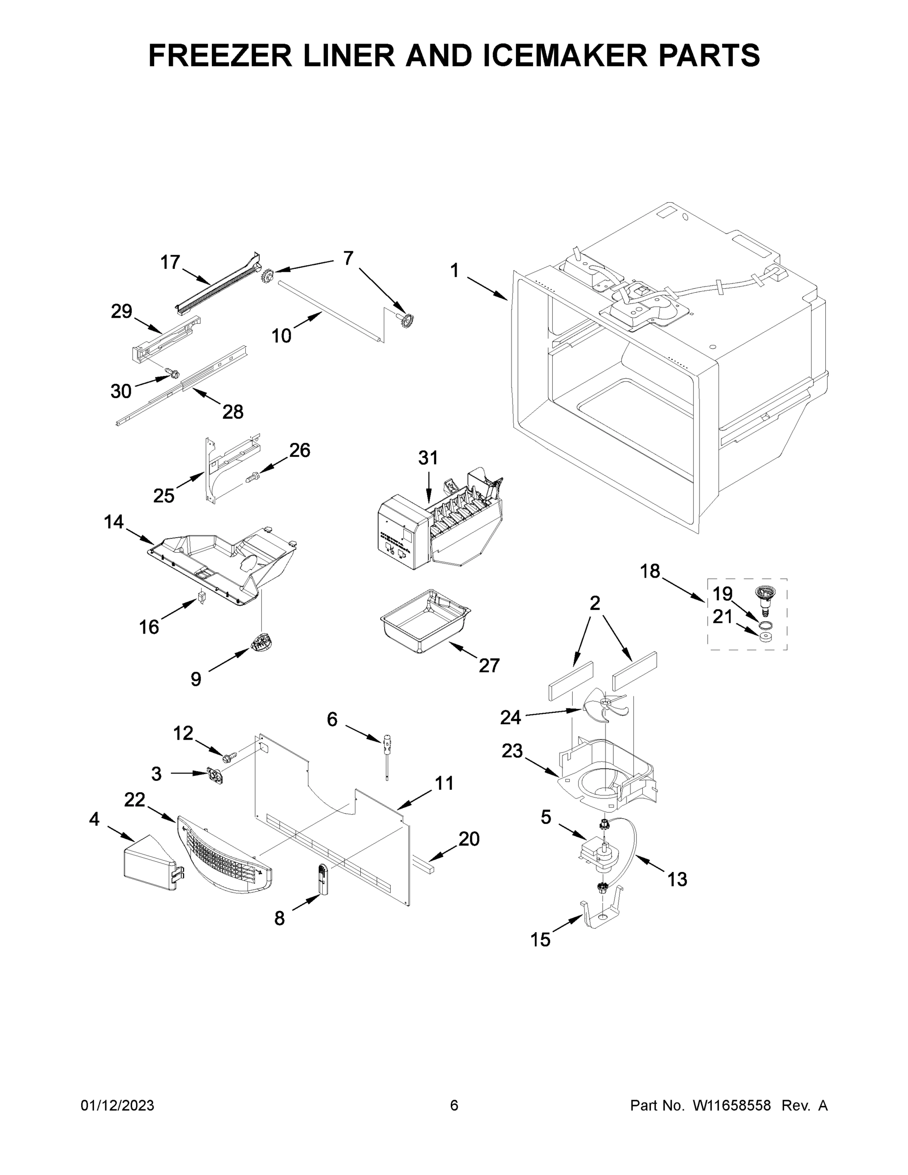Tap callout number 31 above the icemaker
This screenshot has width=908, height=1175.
(428, 458)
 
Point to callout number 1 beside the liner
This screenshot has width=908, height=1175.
(455, 271)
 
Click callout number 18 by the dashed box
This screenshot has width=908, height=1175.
(650, 571)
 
